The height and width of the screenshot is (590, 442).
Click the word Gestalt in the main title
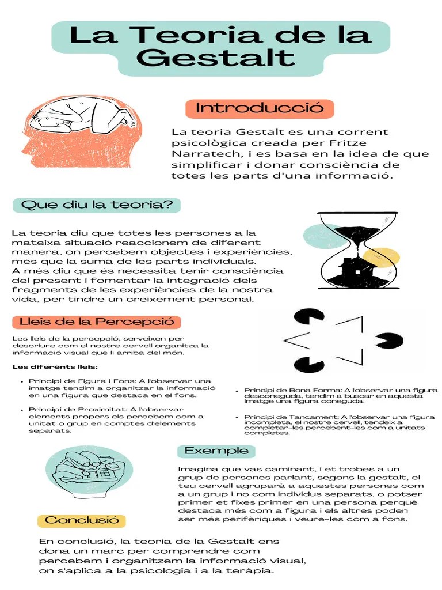coord(217,58)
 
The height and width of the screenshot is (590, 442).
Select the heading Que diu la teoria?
coord(97,205)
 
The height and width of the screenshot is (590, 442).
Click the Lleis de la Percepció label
coord(97,322)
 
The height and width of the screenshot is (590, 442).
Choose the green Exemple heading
coord(216,451)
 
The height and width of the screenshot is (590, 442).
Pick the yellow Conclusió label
coord(81,520)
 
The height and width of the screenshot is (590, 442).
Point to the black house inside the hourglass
coord(358,271)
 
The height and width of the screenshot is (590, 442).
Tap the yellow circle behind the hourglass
coord(382,258)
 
